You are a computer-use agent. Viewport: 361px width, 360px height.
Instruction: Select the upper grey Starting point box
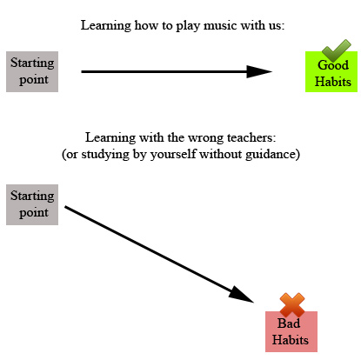(32, 70)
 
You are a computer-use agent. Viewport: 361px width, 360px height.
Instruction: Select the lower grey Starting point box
(32, 204)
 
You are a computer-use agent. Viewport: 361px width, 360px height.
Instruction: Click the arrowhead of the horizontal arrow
(259, 71)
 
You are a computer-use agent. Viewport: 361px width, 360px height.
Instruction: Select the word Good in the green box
(334, 66)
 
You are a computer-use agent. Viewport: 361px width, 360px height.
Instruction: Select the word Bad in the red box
(289, 323)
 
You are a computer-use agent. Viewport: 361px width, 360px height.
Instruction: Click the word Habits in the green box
(334, 83)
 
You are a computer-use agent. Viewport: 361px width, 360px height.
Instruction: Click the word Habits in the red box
(291, 340)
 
